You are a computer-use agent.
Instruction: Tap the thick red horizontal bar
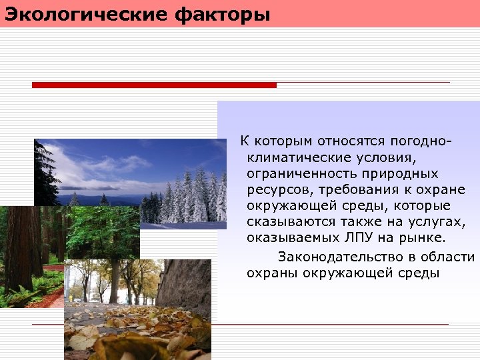pyautogui.click(x=154, y=85)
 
